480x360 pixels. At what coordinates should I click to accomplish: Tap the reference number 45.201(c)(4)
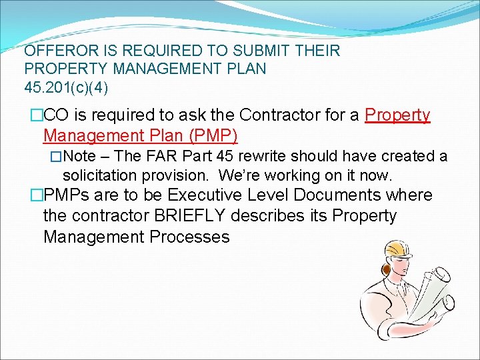tap(65, 87)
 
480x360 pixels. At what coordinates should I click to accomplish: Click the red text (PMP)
tap(213, 136)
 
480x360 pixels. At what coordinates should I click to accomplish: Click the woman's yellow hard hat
tap(398, 247)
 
